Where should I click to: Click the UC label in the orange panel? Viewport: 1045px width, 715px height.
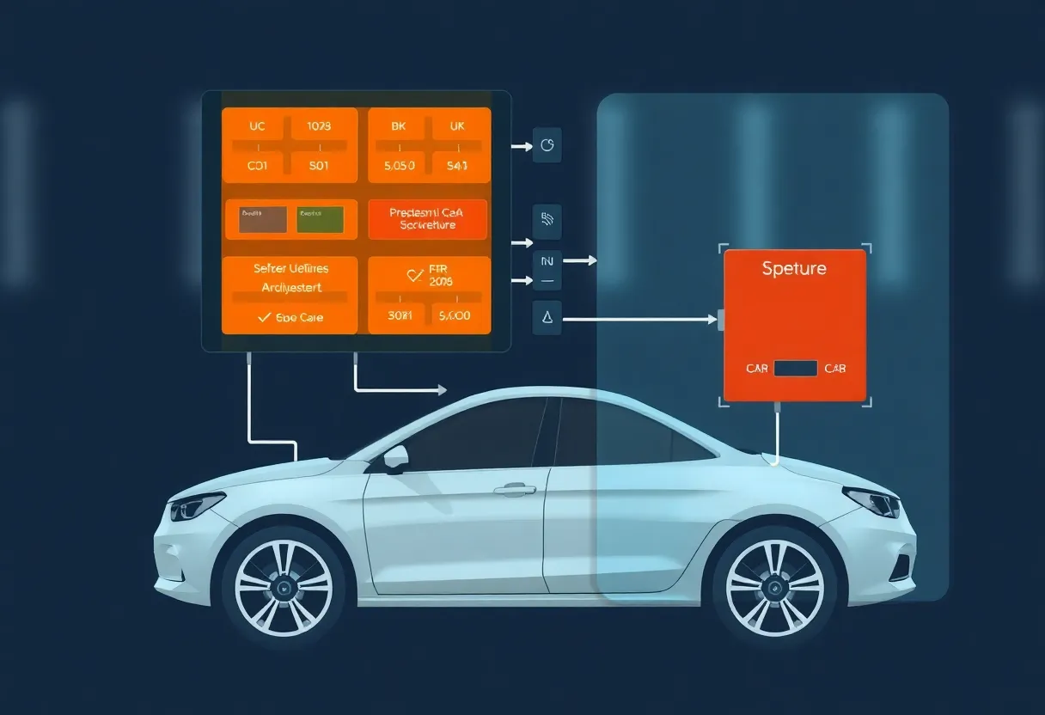coord(257,126)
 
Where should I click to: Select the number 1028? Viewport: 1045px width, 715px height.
coord(318,126)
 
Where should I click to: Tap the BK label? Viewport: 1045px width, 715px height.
coord(398,126)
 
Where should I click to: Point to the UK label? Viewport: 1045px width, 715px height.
coord(456,126)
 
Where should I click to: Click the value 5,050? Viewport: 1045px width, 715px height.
coord(398,166)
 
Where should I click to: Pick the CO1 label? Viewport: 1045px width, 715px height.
coord(257,166)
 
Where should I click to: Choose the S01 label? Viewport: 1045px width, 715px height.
coord(318,166)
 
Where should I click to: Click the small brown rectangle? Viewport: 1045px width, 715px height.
coord(257,220)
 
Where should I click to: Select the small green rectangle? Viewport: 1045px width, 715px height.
coord(320,220)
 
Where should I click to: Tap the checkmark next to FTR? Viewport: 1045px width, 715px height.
coord(414,275)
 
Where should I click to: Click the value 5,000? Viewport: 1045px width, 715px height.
coord(455,315)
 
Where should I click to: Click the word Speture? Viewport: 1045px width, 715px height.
coord(794,268)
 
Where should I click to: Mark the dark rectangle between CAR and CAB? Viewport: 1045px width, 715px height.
coord(795,369)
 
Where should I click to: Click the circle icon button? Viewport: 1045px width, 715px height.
coord(547,146)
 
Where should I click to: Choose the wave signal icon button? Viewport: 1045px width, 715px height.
coord(547,221)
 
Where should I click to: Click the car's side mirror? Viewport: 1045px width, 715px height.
coord(395,458)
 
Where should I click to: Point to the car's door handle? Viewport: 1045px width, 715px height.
coord(514,490)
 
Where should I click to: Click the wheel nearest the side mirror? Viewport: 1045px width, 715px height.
coord(283,588)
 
